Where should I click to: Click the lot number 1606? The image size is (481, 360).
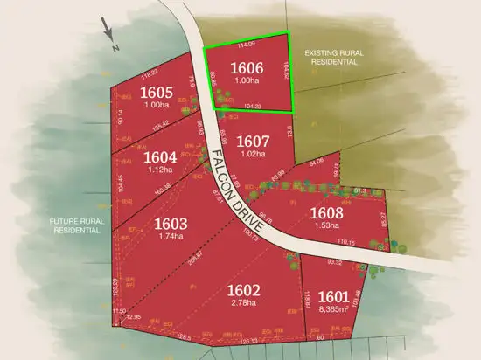(x=245, y=68)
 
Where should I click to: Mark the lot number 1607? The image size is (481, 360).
(x=252, y=141)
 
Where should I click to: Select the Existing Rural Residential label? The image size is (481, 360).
(x=331, y=59)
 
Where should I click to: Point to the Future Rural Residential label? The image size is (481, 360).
(x=76, y=226)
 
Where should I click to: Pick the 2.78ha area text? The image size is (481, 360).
(x=244, y=303)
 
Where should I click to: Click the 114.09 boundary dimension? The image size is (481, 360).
(x=246, y=44)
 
